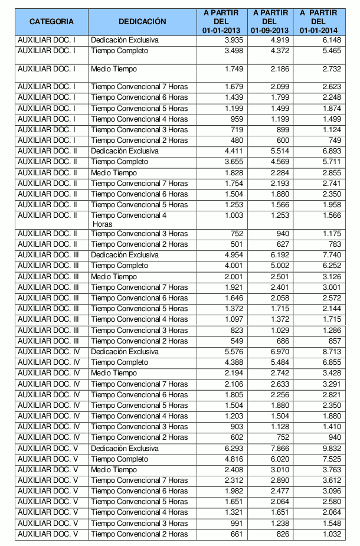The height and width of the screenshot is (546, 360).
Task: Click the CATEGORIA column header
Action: tap(51, 22)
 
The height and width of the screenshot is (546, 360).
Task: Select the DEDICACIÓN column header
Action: tap(142, 22)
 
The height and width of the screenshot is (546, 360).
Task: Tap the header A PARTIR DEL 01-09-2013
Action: tap(269, 21)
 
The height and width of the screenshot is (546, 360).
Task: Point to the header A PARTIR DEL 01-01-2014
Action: tap(318, 21)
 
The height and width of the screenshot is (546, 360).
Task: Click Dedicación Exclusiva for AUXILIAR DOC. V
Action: tap(125, 449)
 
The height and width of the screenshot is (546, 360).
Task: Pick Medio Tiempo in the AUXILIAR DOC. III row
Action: tap(114, 277)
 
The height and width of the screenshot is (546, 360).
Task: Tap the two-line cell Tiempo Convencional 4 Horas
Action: tap(129, 220)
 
